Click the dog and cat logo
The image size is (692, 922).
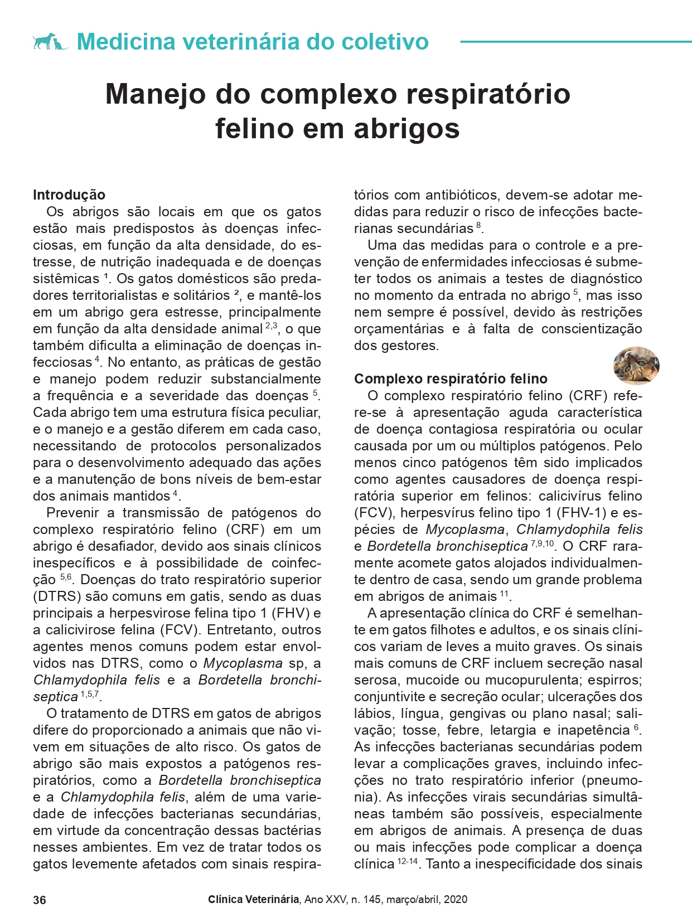[x=50, y=41]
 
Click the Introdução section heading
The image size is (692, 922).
[x=69, y=195]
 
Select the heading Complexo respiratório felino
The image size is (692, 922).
[x=451, y=379]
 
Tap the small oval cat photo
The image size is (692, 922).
[x=636, y=365]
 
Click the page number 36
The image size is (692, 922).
[x=40, y=900]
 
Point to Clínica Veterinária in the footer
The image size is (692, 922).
[x=253, y=899]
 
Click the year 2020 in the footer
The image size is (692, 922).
[x=456, y=899]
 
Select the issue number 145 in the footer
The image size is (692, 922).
[x=372, y=899]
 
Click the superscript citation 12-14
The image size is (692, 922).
[x=408, y=861]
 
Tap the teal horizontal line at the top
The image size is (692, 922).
[x=575, y=41]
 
